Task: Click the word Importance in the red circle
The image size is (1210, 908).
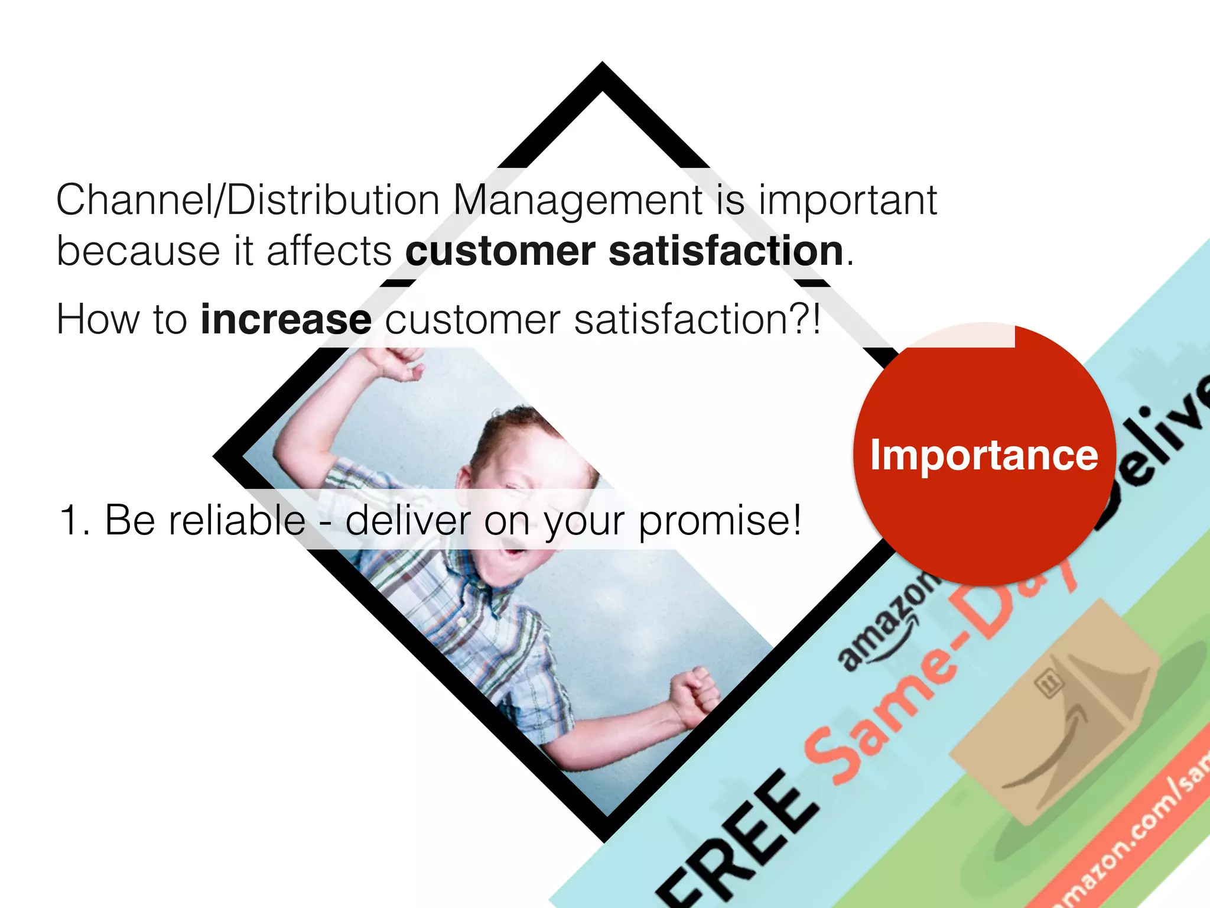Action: click(984, 455)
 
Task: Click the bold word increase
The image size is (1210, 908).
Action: click(286, 319)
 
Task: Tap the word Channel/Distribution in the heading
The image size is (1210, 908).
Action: click(248, 200)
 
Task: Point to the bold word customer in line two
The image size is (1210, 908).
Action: click(500, 251)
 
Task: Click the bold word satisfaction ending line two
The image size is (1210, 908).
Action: click(726, 251)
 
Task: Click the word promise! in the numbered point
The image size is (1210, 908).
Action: click(720, 521)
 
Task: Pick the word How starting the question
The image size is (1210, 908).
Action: click(97, 319)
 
